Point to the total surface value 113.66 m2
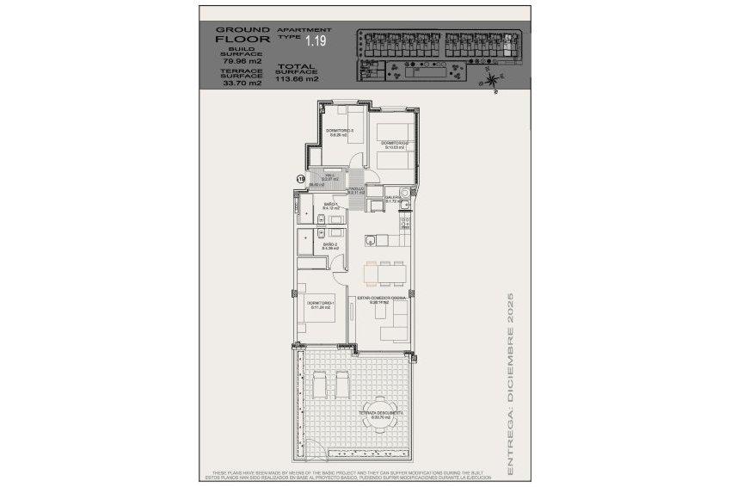297,78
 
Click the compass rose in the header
491,82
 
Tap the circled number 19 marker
300,178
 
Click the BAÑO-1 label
330,205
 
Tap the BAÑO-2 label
330,245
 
